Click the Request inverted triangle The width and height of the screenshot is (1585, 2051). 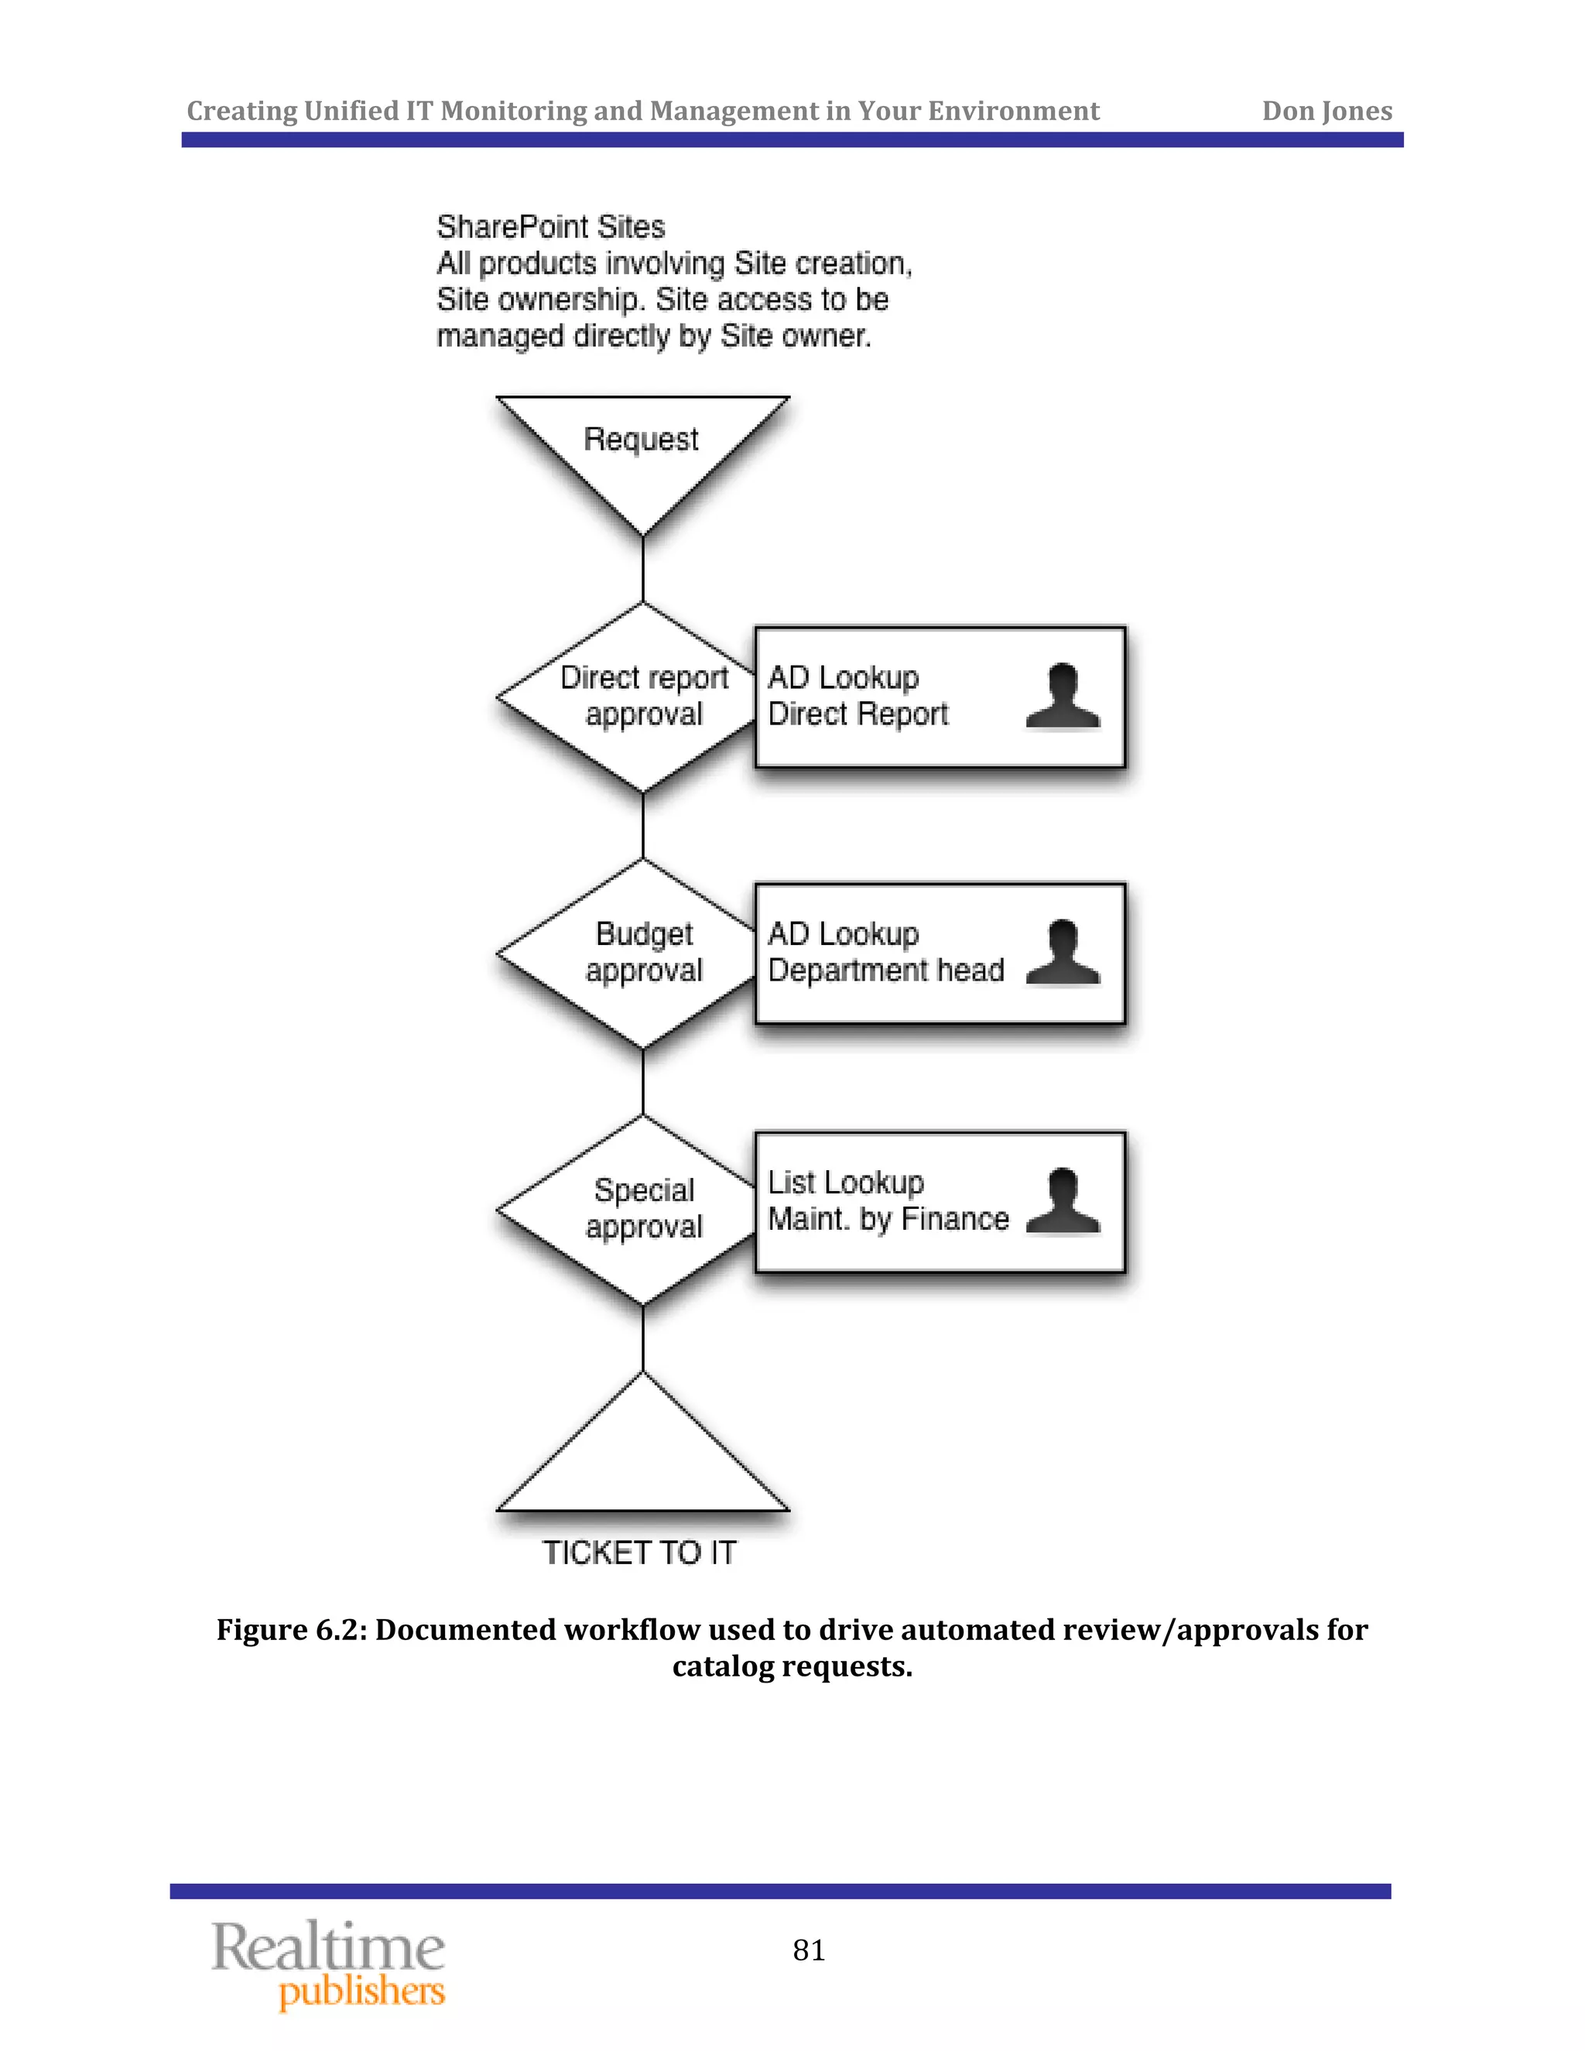(x=642, y=450)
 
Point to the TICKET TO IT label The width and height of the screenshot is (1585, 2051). (x=639, y=1553)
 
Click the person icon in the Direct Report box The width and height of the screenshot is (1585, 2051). (x=1063, y=696)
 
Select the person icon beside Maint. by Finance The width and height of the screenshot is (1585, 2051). (x=1063, y=1201)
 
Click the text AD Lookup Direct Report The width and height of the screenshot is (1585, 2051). (x=857, y=696)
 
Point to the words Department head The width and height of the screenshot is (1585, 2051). (x=885, y=970)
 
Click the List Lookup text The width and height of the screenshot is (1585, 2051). (x=845, y=1183)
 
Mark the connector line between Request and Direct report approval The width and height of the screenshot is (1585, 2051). (x=643, y=569)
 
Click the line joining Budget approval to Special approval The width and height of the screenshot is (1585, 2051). (x=643, y=1082)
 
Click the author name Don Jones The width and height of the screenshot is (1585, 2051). (x=1326, y=111)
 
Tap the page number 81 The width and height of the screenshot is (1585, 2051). (x=809, y=1950)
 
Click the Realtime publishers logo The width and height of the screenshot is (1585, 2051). (x=329, y=1963)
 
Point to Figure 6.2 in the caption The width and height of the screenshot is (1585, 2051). (x=287, y=1630)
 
